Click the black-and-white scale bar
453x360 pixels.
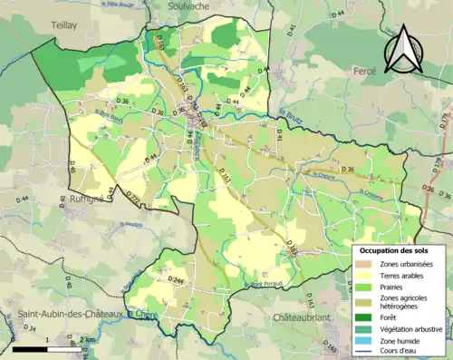[x=43, y=348]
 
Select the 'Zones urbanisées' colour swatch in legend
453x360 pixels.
[x=367, y=264]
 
